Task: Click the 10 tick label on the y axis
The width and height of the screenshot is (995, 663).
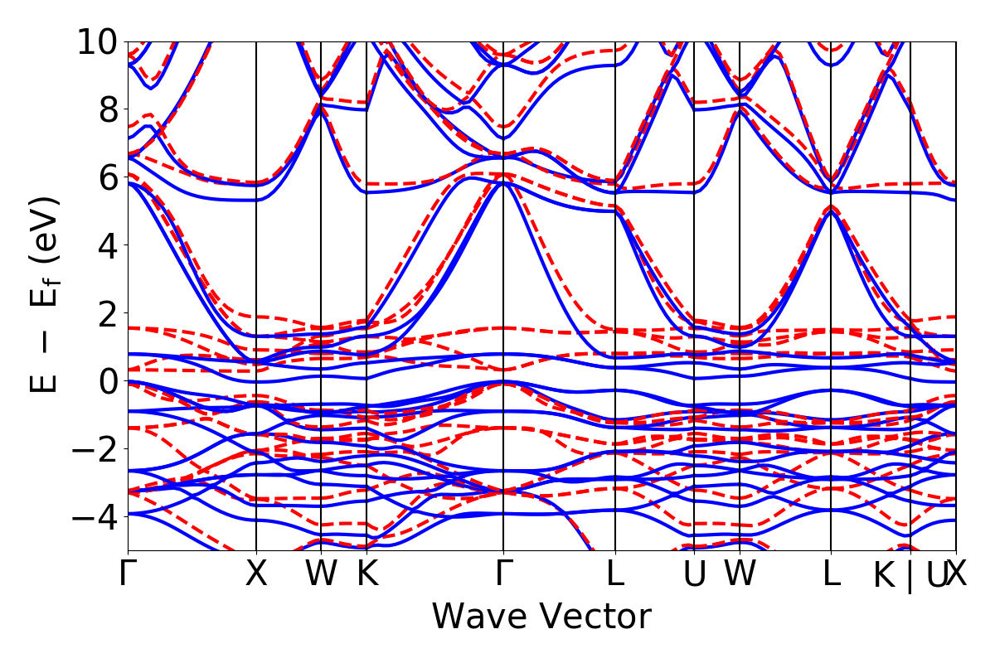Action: (x=97, y=41)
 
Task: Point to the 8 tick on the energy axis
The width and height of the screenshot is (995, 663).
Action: (x=107, y=109)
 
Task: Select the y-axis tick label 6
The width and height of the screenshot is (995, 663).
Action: (x=107, y=177)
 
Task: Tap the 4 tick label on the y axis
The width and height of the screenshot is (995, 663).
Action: (x=107, y=245)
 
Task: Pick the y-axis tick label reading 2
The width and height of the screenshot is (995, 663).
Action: (x=107, y=313)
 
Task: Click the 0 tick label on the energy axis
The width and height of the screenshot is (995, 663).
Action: (x=107, y=381)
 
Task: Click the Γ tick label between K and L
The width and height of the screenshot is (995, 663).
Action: (x=503, y=573)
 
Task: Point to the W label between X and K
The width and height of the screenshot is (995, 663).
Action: (x=321, y=573)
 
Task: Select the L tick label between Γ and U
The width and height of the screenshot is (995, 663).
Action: (x=615, y=573)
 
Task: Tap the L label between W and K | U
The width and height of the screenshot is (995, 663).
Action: (x=831, y=573)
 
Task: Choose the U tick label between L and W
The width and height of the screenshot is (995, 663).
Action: (x=694, y=573)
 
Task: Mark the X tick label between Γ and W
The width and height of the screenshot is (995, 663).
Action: (x=256, y=573)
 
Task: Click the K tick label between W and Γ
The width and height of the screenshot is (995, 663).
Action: (x=366, y=573)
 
